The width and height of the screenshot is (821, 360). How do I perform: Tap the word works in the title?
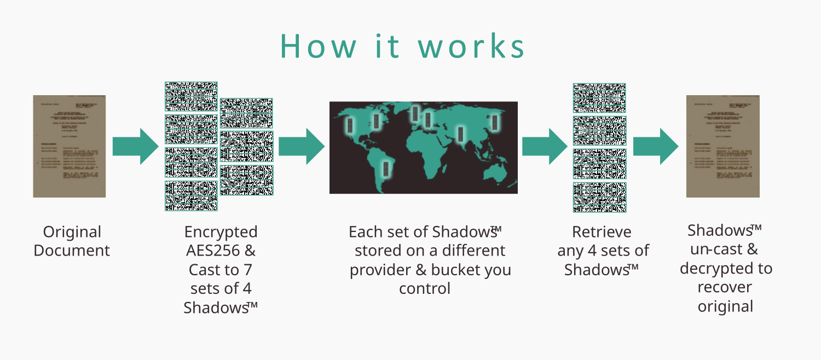(x=472, y=47)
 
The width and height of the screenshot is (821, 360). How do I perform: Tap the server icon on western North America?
(x=349, y=125)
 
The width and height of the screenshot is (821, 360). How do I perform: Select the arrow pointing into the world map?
(x=301, y=146)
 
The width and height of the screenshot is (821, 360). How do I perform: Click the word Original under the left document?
(x=72, y=232)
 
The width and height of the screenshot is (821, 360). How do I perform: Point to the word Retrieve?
(x=602, y=232)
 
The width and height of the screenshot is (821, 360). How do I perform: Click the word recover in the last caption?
(x=725, y=287)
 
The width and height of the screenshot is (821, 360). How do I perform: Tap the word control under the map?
(x=424, y=288)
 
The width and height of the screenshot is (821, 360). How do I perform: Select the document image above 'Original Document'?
(x=69, y=146)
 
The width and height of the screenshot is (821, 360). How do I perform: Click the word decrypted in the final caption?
(x=726, y=269)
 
